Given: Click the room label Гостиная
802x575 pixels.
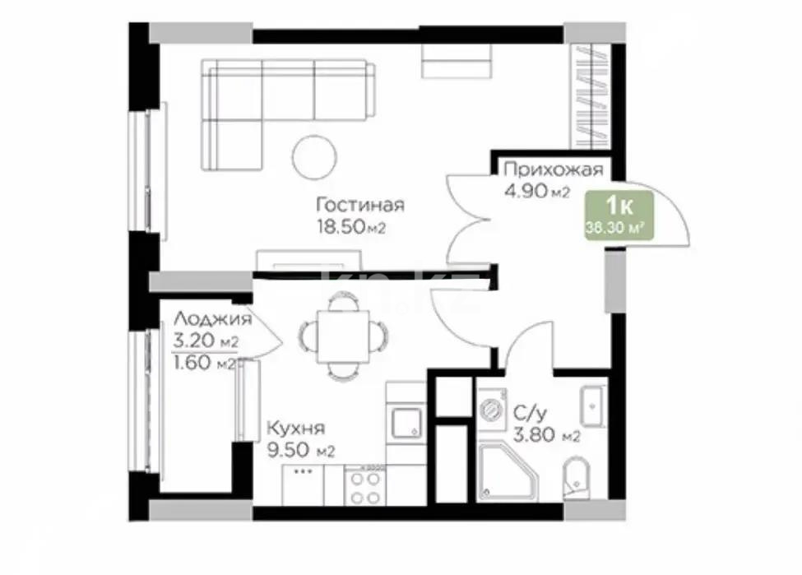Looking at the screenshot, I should coord(362,205).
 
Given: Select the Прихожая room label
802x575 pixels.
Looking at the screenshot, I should coord(553,170).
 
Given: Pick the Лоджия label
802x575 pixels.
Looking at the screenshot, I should coord(212,319).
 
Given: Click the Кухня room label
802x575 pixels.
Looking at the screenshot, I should coord(295,428).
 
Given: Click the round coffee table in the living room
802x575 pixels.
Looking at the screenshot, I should coord(314,155).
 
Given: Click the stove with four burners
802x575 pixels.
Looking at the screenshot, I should coord(364,485).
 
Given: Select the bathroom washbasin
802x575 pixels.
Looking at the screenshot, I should coord(593,404).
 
